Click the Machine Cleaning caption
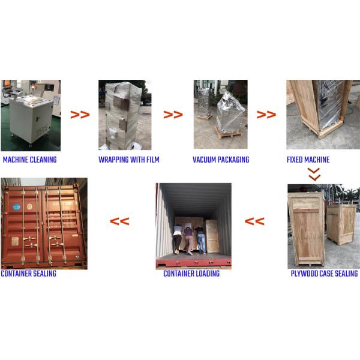(x=29, y=160)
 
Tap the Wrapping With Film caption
(x=129, y=160)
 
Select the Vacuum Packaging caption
(x=221, y=160)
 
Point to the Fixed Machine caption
(x=308, y=160)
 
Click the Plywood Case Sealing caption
(x=324, y=274)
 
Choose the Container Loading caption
(x=191, y=274)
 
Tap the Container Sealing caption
(x=28, y=274)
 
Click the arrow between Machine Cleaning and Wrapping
(x=80, y=115)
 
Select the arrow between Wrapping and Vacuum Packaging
(x=173, y=115)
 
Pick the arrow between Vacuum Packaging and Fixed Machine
(x=266, y=115)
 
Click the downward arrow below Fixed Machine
(x=314, y=174)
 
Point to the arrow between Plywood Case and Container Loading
(x=254, y=221)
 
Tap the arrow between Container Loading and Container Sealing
(x=119, y=221)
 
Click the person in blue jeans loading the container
(x=200, y=240)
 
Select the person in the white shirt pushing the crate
(x=177, y=239)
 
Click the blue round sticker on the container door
(x=17, y=207)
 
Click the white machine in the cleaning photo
(x=32, y=118)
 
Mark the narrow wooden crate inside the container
(x=212, y=236)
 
